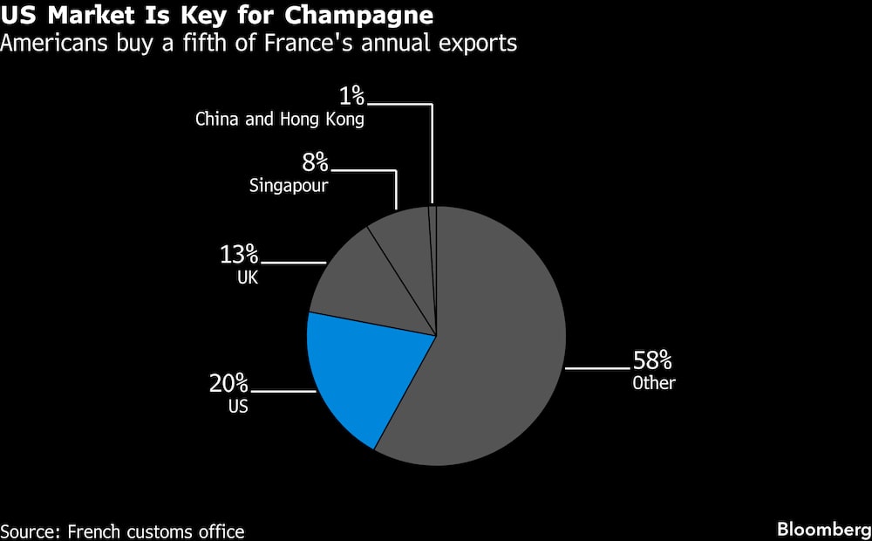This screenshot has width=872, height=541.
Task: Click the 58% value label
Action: [652, 361]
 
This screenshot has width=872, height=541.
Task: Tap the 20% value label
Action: [229, 383]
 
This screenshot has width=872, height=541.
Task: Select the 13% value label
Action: [239, 255]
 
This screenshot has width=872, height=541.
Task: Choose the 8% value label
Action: [316, 162]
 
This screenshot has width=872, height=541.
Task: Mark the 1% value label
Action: [352, 96]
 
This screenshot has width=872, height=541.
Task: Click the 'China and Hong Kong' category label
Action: [280, 120]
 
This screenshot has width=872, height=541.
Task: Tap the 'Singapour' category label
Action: [289, 185]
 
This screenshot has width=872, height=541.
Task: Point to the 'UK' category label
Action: [248, 277]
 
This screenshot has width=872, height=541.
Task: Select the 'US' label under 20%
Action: [238, 407]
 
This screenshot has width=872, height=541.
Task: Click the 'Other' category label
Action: [654, 383]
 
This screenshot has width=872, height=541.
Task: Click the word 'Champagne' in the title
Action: [358, 17]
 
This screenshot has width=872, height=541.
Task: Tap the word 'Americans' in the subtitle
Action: [54, 42]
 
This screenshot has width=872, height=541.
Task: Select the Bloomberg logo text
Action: [824, 530]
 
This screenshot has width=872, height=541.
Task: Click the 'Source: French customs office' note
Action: [122, 531]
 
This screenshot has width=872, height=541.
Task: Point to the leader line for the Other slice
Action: [598, 368]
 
